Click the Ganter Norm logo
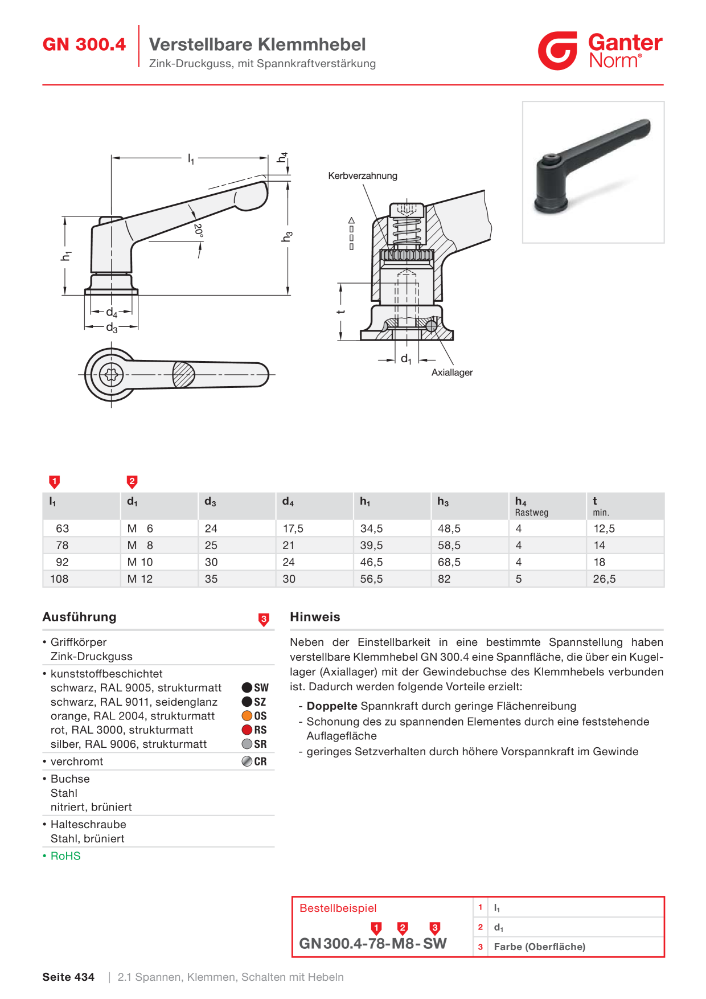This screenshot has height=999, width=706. click(x=600, y=51)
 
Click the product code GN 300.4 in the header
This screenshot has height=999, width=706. click(x=84, y=44)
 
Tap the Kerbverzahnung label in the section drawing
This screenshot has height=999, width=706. click(x=363, y=175)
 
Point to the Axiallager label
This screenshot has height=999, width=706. click(x=452, y=372)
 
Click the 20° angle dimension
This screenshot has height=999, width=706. click(x=198, y=230)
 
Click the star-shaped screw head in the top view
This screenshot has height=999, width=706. click(x=111, y=375)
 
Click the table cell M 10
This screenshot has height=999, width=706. click(x=140, y=562)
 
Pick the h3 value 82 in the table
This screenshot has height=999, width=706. click(x=444, y=579)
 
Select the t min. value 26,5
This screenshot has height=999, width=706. click(x=604, y=579)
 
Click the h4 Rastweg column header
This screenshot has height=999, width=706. click(x=532, y=506)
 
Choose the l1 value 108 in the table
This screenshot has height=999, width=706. click(x=59, y=579)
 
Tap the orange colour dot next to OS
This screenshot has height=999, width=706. click(x=247, y=716)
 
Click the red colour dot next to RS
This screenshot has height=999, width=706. click(x=247, y=730)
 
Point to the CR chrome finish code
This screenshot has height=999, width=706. click(x=260, y=761)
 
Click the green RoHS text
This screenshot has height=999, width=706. click(x=65, y=856)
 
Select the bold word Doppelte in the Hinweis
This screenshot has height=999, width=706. click(x=332, y=706)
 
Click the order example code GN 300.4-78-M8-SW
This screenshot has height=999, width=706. click(x=373, y=944)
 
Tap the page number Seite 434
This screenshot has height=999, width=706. click(x=68, y=977)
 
